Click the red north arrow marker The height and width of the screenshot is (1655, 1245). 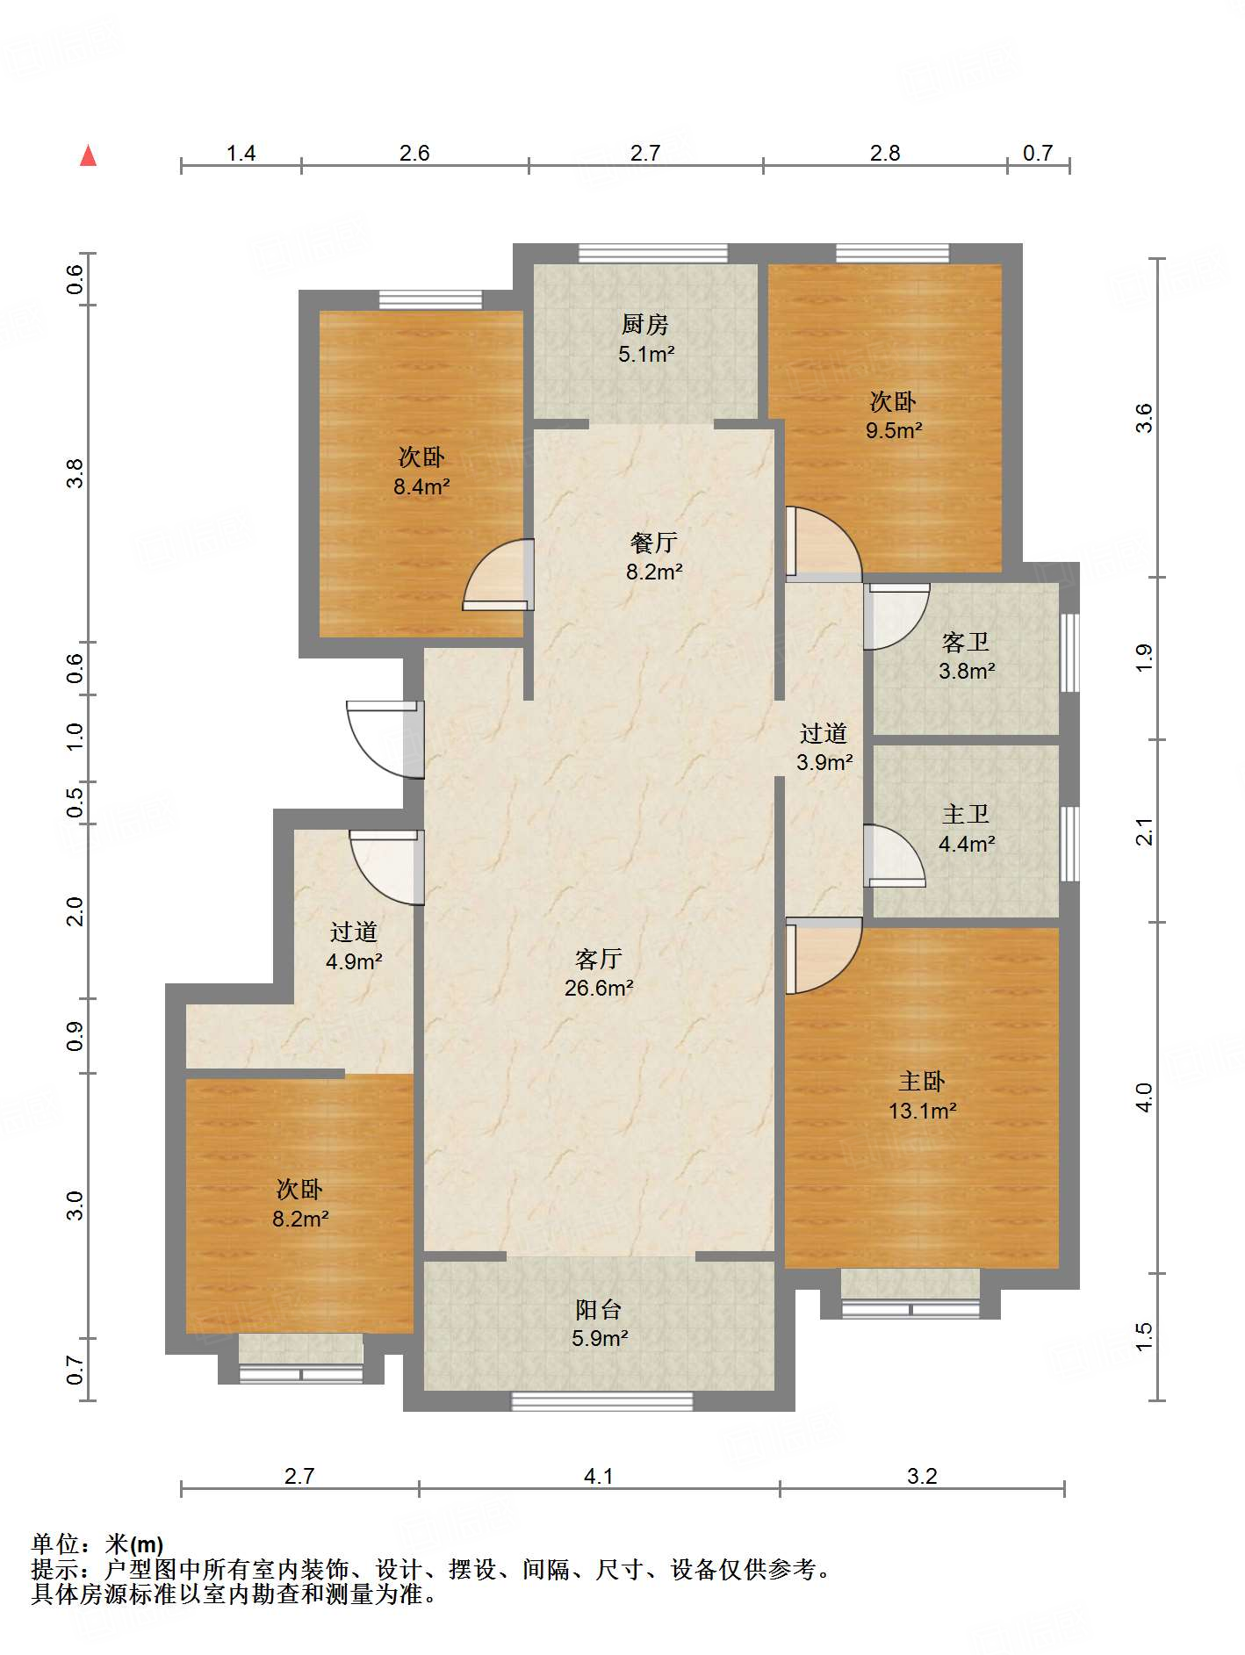88,155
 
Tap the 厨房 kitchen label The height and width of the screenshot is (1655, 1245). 645,325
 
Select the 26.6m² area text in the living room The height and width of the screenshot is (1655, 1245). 599,988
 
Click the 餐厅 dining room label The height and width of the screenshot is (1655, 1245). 654,543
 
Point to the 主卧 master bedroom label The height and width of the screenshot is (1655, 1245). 922,1082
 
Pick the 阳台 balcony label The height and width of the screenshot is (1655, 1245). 599,1310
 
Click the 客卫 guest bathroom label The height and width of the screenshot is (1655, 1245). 966,643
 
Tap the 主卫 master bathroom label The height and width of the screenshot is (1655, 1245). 966,815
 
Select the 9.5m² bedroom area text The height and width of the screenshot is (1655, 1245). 894,430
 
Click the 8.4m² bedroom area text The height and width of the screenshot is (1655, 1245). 421,486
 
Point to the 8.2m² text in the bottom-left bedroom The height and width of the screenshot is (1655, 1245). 300,1219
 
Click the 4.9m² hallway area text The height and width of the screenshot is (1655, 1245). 354,961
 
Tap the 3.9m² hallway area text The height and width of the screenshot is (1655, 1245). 824,762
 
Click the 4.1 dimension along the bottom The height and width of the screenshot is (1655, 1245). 599,1476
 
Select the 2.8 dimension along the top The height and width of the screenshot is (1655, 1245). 885,154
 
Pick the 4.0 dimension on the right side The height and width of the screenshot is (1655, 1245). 1144,1097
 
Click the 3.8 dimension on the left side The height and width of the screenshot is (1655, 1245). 76,474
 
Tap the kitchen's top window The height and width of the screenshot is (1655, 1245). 653,254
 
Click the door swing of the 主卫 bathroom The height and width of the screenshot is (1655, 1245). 895,856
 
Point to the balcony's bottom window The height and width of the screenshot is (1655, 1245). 602,1401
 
